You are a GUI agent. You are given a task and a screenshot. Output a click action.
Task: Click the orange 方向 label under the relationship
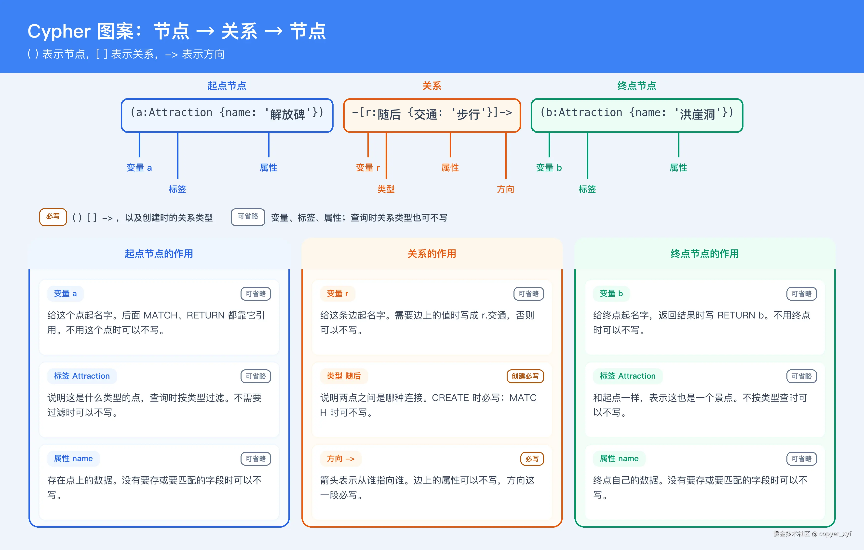(506, 189)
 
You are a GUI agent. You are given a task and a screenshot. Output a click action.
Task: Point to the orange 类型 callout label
(386, 189)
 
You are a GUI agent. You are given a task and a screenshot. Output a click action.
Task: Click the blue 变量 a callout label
(139, 168)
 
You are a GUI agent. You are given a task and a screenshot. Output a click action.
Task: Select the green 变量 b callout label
(549, 168)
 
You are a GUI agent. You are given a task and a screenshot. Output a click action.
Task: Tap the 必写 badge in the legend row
(53, 217)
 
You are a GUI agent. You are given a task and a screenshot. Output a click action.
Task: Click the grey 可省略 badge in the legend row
(248, 217)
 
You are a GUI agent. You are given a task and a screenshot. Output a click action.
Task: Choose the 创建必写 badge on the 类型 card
(525, 376)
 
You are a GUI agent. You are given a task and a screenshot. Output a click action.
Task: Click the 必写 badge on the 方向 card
(532, 459)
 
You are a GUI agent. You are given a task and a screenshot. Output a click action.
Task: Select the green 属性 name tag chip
(619, 458)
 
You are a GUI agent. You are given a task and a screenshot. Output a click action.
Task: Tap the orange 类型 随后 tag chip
(344, 376)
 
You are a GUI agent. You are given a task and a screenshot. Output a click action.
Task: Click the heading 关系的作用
(432, 254)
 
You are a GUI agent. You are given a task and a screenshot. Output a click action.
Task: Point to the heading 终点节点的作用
(705, 254)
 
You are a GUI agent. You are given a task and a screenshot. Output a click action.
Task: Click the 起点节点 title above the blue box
(227, 86)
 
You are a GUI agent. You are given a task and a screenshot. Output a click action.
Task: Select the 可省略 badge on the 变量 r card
(529, 294)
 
